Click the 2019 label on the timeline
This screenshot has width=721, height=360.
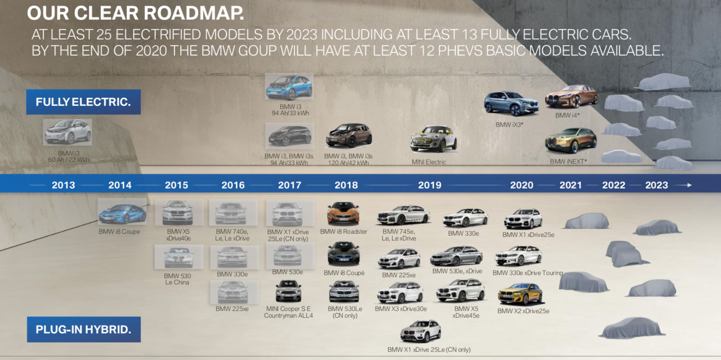coord(429,185)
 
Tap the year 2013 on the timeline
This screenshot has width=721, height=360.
coord(63,185)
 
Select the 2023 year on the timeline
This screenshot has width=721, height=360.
coord(657,185)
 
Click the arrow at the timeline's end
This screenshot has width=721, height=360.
coord(683,185)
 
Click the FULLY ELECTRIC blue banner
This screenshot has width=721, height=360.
coord(84,102)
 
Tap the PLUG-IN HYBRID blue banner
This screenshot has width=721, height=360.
coord(84,329)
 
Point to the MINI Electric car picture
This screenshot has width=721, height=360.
coord(433,139)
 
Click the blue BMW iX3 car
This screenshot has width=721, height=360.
coord(511,103)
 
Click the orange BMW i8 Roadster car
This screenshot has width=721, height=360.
coord(343,213)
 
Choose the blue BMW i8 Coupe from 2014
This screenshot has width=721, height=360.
coord(122,213)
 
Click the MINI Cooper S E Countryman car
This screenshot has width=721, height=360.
coord(288,291)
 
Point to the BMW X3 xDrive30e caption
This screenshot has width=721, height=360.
coord(401,309)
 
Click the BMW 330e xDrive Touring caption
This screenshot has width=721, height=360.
coord(528,273)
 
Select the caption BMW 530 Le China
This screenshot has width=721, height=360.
coord(177,279)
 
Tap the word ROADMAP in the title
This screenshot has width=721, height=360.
coord(194,13)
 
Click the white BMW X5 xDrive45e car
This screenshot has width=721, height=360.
coord(461,290)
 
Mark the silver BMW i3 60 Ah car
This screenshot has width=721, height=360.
coord(68,132)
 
